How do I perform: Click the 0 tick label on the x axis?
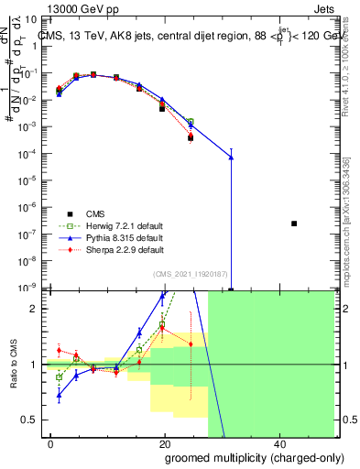(51, 442)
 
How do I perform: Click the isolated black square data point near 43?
(294, 224)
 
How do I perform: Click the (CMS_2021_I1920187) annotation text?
(190, 274)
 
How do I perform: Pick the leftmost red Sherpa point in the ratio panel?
(59, 350)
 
